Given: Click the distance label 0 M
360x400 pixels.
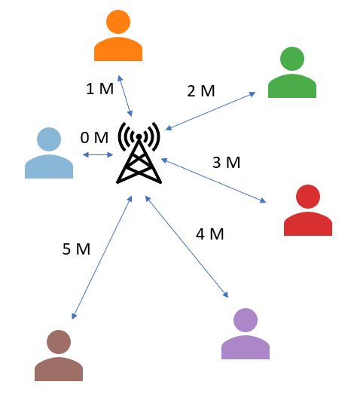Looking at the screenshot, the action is (x=94, y=138).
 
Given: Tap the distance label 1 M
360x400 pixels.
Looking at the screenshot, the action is (x=99, y=89).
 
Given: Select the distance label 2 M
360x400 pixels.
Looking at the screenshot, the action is (x=201, y=91).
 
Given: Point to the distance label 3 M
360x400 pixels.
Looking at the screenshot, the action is (x=226, y=162).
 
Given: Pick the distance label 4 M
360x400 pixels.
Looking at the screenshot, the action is (x=209, y=234).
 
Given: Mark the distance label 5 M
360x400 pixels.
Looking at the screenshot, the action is (x=76, y=249).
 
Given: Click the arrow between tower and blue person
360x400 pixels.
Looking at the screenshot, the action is (x=98, y=154).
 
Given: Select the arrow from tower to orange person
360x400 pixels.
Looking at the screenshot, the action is (x=125, y=96).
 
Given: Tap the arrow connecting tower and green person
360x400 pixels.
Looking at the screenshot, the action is (x=210, y=111).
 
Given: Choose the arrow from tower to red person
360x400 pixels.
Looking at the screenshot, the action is (x=214, y=180).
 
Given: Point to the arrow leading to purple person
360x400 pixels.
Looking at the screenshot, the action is (x=187, y=246).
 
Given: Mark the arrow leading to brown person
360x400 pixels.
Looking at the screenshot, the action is (x=102, y=258).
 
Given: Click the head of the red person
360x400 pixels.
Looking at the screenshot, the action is (x=308, y=197).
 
